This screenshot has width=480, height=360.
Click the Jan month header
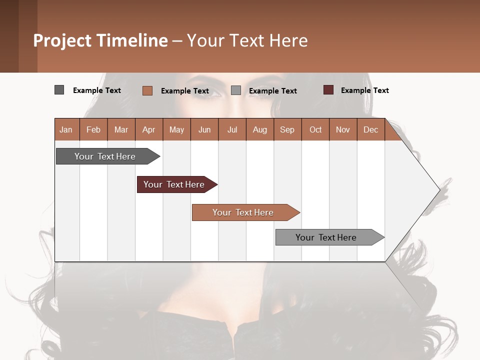[x=66, y=129]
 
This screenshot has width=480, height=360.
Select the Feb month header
[x=93, y=129]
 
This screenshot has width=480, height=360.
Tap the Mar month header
[x=121, y=129]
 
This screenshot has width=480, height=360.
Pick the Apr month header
[x=149, y=129]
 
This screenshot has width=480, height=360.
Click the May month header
[x=176, y=129]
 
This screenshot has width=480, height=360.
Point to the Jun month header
[x=204, y=129]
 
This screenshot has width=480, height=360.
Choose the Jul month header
[x=232, y=129]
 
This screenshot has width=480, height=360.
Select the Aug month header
[x=260, y=129]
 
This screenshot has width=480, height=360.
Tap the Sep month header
[x=287, y=129]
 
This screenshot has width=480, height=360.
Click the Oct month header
[x=315, y=129]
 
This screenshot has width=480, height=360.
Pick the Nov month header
[x=343, y=129]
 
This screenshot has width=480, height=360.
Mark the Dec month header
[x=370, y=129]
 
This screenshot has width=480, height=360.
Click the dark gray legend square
[x=59, y=90]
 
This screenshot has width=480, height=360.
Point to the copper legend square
[x=147, y=90]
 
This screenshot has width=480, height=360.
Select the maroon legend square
[x=328, y=90]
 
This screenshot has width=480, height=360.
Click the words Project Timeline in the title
[x=100, y=40]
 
